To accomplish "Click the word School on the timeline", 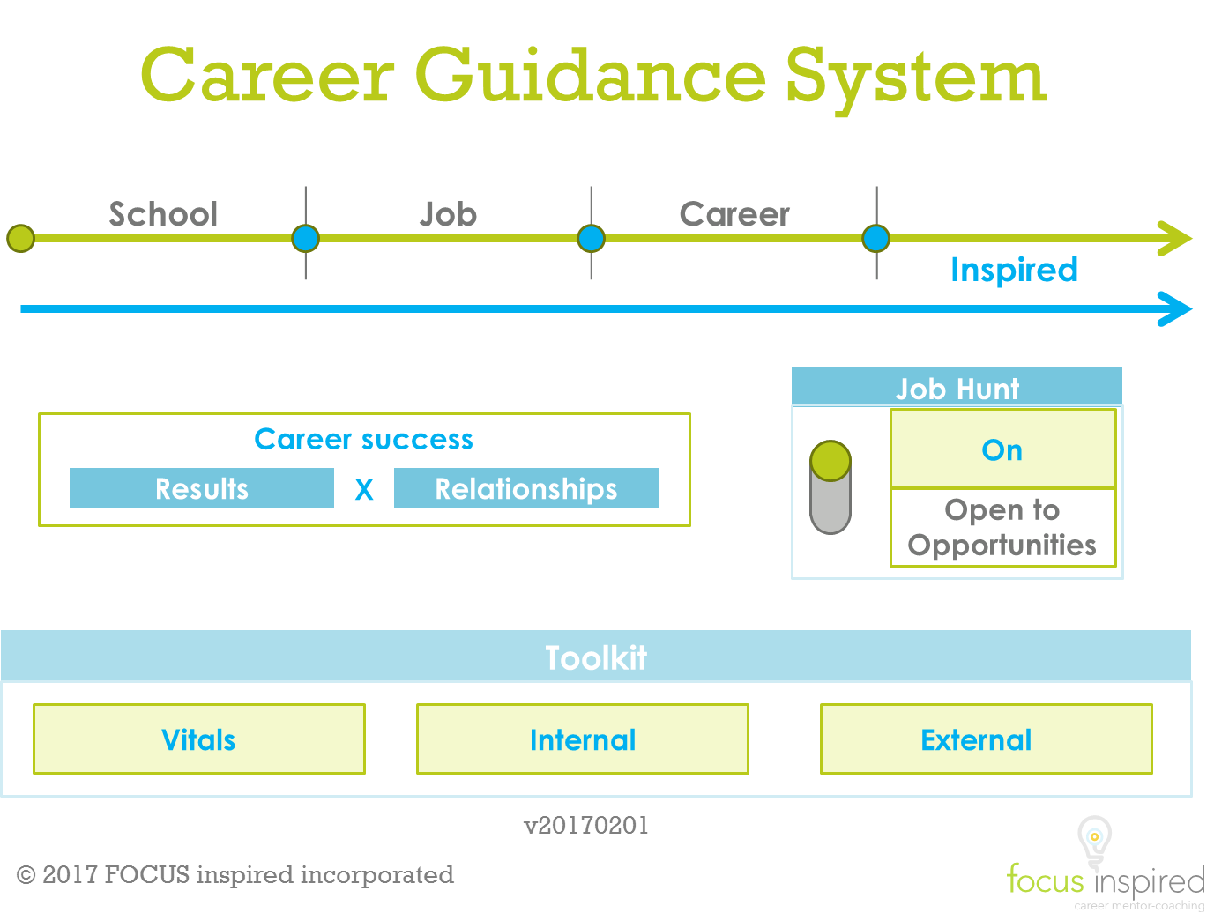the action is click(x=163, y=214).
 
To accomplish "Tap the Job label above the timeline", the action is click(x=448, y=215).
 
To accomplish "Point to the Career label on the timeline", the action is click(x=734, y=214).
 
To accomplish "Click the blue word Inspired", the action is click(x=1014, y=270).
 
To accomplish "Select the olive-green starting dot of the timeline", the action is click(x=20, y=238).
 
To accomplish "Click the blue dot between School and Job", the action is click(x=305, y=238).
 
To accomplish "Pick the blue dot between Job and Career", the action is click(x=591, y=238).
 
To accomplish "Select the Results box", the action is click(x=202, y=487).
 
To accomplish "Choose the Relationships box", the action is click(x=525, y=487).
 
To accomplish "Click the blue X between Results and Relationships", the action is click(x=364, y=489).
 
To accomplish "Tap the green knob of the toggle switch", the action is click(x=830, y=460).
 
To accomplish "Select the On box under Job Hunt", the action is click(x=1003, y=449).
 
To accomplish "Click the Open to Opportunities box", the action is click(x=1003, y=527).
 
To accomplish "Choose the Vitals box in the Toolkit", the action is click(x=199, y=739).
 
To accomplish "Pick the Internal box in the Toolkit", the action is click(x=583, y=739).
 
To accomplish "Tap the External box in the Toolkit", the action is click(x=987, y=739).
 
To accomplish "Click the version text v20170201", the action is click(x=586, y=826).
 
